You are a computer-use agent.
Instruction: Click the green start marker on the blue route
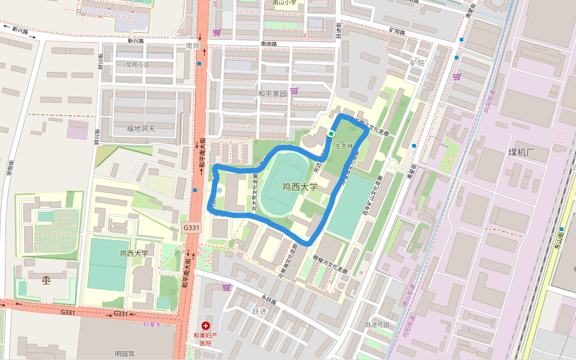click(331, 133)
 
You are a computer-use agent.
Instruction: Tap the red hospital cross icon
click(206, 324)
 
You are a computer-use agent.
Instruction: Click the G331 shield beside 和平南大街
click(191, 228)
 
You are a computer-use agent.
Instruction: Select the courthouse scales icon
click(47, 280)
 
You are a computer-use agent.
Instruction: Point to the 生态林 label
click(344, 146)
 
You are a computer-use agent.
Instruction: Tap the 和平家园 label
click(272, 94)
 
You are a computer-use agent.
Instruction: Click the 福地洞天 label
click(140, 128)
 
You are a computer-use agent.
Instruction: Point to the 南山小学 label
click(284, 2)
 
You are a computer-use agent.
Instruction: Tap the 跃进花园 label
click(377, 325)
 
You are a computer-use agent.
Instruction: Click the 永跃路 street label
click(268, 296)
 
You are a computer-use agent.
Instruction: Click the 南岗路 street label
click(268, 44)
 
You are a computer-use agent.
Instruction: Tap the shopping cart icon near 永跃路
click(226, 287)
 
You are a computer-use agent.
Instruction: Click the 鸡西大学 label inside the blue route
click(299, 187)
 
